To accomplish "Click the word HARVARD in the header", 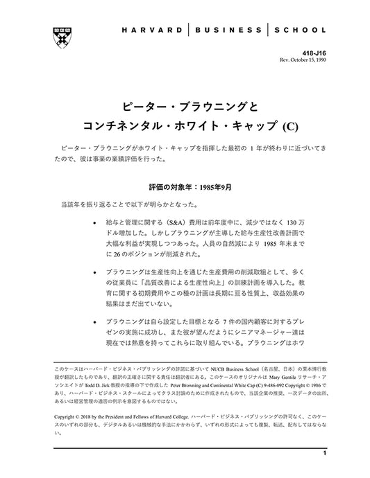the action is coord(151,30).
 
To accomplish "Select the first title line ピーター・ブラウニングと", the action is coord(185,107).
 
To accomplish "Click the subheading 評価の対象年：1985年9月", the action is coord(185,187).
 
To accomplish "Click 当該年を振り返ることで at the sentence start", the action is coord(90,204).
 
